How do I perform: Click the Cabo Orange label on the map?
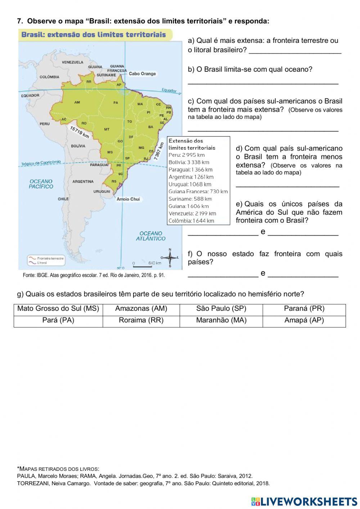(142, 74)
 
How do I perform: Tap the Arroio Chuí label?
(128, 199)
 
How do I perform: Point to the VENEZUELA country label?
(72, 62)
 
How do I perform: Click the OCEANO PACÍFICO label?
(41, 184)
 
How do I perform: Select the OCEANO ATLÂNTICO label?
(150, 236)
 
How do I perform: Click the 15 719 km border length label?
(79, 132)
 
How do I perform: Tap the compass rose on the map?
(170, 257)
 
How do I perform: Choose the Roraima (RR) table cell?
(141, 321)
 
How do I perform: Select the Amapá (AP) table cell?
(304, 321)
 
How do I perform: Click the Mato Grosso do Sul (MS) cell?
(58, 309)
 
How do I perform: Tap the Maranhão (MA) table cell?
(221, 321)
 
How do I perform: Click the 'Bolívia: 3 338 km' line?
(189, 162)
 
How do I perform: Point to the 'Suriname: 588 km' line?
(190, 199)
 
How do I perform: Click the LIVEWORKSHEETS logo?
(304, 501)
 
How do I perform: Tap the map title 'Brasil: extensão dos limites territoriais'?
(94, 35)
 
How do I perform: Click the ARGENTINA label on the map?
(83, 182)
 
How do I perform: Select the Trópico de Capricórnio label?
(41, 163)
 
